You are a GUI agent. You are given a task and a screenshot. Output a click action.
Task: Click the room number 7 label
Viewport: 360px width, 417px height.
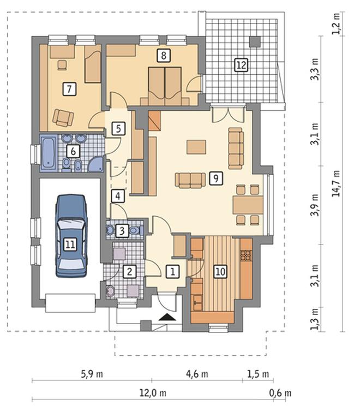pyautogui.click(x=69, y=89)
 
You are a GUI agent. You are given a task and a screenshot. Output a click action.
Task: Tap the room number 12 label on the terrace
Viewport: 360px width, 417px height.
pyautogui.click(x=241, y=65)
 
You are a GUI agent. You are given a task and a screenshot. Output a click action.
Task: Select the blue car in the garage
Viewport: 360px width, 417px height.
pyautogui.click(x=71, y=236)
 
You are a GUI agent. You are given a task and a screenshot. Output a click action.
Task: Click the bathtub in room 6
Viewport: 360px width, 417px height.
pyautogui.click(x=49, y=153)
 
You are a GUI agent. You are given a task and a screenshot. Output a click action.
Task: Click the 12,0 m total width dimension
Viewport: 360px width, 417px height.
pyautogui.click(x=153, y=393)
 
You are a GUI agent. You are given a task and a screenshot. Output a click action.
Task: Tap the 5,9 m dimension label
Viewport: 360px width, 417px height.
pyautogui.click(x=92, y=374)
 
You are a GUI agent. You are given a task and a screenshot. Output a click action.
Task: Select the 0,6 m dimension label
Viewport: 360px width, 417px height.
pyautogui.click(x=280, y=393)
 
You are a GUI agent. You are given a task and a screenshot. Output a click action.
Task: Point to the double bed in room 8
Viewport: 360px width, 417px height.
pyautogui.click(x=165, y=86)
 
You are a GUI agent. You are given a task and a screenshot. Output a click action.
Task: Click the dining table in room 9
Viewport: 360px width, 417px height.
pyautogui.click(x=248, y=205)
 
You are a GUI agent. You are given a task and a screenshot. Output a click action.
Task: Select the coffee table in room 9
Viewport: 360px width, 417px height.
pyautogui.click(x=196, y=147)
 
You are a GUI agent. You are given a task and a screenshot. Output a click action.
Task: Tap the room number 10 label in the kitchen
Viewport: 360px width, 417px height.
pyautogui.click(x=220, y=271)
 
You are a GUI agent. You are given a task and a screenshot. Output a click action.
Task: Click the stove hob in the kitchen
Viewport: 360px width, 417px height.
pyautogui.click(x=247, y=255)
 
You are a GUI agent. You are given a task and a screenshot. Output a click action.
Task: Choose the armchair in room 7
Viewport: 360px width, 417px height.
pyautogui.click(x=63, y=117)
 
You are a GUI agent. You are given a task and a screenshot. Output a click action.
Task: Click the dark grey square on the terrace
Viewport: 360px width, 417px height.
pyautogui.click(x=255, y=41)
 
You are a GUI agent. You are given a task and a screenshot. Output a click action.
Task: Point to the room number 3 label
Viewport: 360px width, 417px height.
pyautogui.click(x=122, y=231)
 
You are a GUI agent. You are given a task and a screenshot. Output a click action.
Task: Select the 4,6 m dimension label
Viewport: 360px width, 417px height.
pyautogui.click(x=197, y=374)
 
